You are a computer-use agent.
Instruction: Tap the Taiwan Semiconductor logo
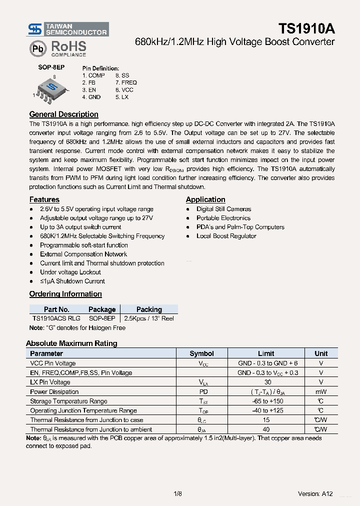click(x=68, y=29)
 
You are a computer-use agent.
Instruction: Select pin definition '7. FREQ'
click(x=126, y=82)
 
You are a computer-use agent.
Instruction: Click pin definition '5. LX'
click(x=121, y=97)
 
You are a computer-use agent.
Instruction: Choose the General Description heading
click(x=63, y=114)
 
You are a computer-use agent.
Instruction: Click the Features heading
click(x=44, y=199)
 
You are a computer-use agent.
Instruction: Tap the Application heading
click(x=205, y=199)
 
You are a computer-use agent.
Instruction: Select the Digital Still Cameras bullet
click(x=223, y=209)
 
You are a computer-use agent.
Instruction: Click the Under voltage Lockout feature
click(x=70, y=272)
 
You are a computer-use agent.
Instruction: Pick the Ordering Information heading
click(x=65, y=294)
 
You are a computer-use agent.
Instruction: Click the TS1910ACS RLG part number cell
click(x=56, y=318)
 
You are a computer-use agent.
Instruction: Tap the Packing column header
click(x=149, y=309)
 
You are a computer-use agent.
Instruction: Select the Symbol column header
click(x=201, y=353)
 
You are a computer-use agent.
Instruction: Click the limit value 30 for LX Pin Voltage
click(x=267, y=382)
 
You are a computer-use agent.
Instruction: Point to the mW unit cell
click(x=321, y=392)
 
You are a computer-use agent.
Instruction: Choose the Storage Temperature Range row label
click(x=68, y=401)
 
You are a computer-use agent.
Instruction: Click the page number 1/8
click(x=177, y=494)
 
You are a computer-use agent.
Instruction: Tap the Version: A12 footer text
click(x=315, y=494)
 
